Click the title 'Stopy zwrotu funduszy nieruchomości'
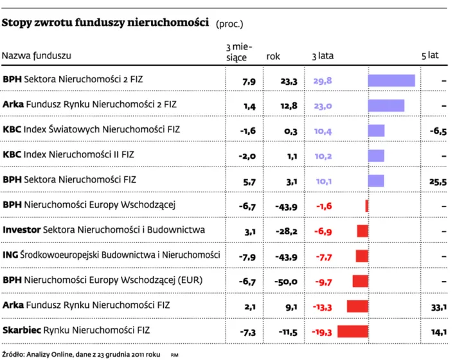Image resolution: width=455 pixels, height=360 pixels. (x=106, y=23)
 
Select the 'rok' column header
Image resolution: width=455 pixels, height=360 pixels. (x=273, y=56)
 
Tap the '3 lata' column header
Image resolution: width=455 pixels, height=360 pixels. (x=323, y=56)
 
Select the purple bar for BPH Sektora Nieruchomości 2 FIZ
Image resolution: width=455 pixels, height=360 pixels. (x=391, y=81)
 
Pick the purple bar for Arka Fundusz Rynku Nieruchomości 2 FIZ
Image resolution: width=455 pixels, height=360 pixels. (x=386, y=105)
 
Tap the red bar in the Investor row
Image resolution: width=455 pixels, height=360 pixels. (x=362, y=230)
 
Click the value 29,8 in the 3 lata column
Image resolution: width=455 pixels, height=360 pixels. (x=322, y=82)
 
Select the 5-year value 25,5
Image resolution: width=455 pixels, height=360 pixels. (x=438, y=181)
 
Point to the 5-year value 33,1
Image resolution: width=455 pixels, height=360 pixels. (x=439, y=307)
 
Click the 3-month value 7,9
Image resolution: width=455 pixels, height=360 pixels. (x=249, y=82)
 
